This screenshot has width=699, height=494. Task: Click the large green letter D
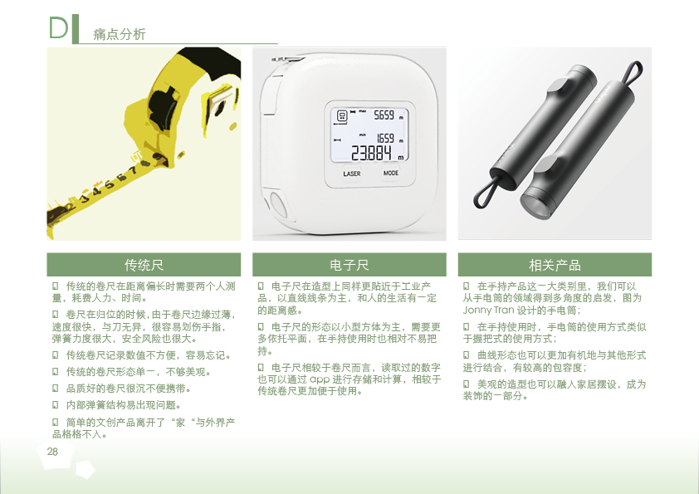[x=58, y=27]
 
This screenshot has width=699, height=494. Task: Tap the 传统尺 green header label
[x=144, y=265]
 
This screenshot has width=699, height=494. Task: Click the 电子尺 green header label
[x=349, y=265]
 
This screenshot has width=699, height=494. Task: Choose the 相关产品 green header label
[x=555, y=265]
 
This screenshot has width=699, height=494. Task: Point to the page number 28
[x=52, y=451]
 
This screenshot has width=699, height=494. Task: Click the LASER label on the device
[x=352, y=174]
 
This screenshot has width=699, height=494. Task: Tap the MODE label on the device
[x=390, y=174]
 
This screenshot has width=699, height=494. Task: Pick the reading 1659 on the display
[x=385, y=138]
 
